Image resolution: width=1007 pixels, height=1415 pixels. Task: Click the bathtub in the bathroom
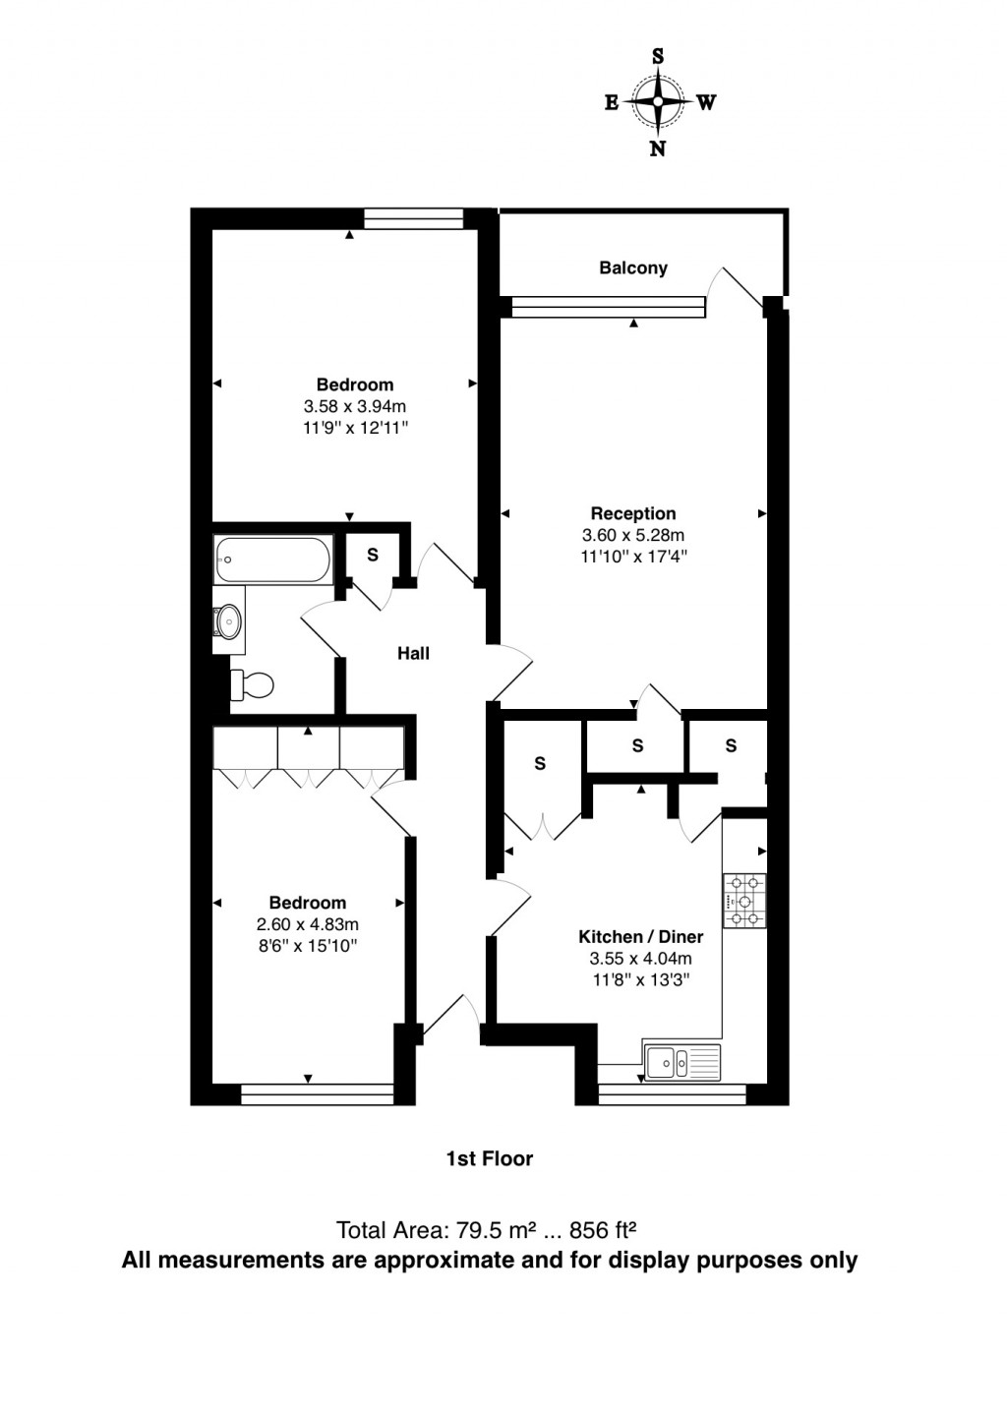(272, 560)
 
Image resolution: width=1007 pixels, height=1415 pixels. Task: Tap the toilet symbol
(253, 684)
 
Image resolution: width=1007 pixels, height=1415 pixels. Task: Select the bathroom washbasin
(228, 620)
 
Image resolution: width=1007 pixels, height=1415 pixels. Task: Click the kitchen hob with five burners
(744, 901)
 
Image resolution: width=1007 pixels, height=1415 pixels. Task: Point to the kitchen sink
(682, 1062)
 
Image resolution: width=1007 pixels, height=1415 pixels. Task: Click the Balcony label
(633, 267)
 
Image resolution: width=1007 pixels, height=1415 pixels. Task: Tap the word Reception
(633, 512)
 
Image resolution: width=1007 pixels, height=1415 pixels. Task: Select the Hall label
(413, 653)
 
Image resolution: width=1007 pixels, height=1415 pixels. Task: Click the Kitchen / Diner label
(640, 937)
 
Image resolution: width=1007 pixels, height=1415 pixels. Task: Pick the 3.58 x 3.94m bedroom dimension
(355, 406)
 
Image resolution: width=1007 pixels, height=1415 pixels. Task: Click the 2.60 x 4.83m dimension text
(308, 924)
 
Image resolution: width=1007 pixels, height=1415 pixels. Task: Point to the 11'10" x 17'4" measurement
(633, 557)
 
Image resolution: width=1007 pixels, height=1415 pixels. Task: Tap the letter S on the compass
(658, 56)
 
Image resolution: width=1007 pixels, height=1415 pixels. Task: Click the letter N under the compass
(658, 148)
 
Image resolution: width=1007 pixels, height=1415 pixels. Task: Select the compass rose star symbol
(658, 101)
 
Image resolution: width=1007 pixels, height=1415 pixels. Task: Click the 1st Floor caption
(490, 1158)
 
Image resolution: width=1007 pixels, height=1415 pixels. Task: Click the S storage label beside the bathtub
(373, 555)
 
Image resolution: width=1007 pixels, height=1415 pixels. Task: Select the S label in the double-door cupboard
(540, 763)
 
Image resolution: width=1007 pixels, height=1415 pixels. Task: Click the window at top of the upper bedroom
(413, 218)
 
